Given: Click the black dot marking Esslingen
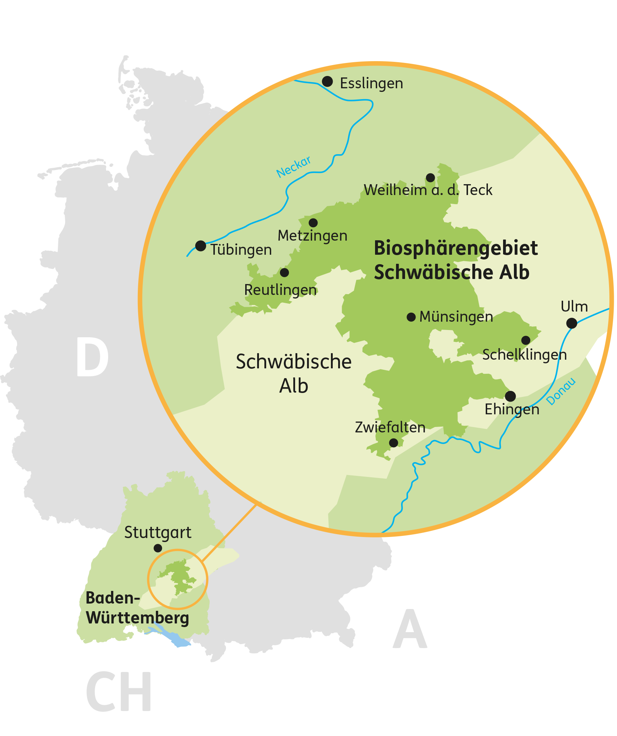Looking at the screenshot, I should pos(327,81).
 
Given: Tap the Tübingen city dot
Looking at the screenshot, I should pos(200,246).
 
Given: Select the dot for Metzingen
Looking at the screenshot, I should pos(313,223).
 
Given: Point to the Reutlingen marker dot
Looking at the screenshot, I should pos(285,272).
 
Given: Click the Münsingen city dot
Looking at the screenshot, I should pos(411,317).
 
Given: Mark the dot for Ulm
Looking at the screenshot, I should pos(571,323).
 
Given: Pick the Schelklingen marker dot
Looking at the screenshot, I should pos(526,340).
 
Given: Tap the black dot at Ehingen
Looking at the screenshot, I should pos(510,396).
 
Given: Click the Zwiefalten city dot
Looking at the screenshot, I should pos(393,443).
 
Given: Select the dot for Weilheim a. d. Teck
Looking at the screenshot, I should pos(430,178).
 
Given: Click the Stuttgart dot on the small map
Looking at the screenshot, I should pos(158,548).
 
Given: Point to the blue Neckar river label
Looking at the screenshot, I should pos(294,167).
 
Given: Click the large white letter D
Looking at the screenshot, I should pos(92,357).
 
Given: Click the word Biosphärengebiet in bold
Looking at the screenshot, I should pos(456,248).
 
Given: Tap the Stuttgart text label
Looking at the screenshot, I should pos(158,533).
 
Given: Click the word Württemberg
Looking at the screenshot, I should pos(137,618).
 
